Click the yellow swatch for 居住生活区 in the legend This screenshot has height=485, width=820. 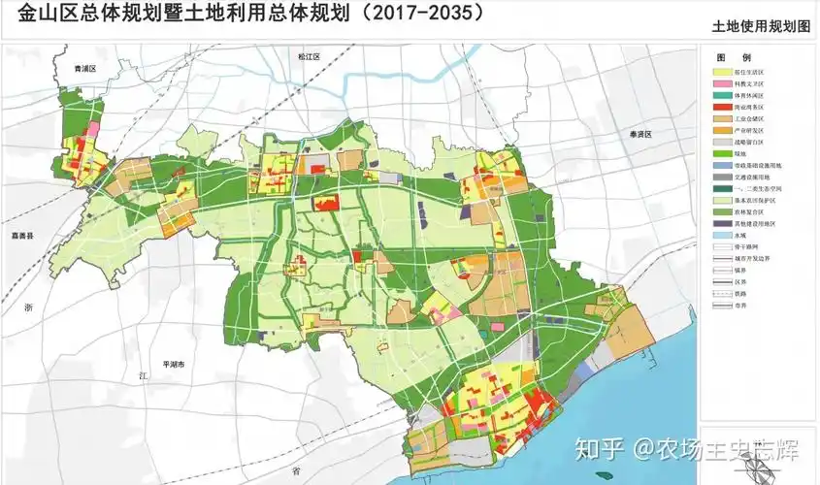pos(723,71)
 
